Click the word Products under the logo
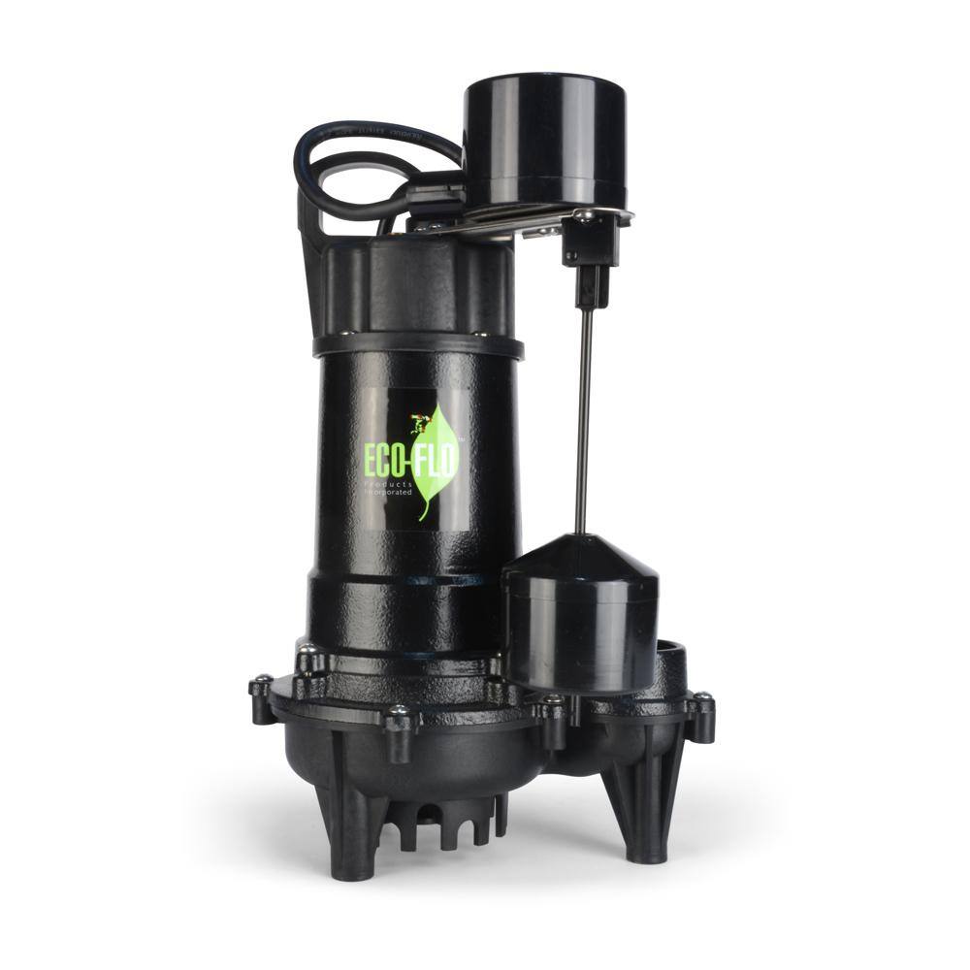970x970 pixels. pyautogui.click(x=390, y=482)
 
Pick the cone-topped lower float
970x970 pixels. pyautogui.click(x=580, y=601)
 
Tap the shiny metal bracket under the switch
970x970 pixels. pyautogui.click(x=543, y=219)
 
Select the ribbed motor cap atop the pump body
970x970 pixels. pyautogui.click(x=417, y=286)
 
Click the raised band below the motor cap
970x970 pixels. pyautogui.click(x=417, y=345)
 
